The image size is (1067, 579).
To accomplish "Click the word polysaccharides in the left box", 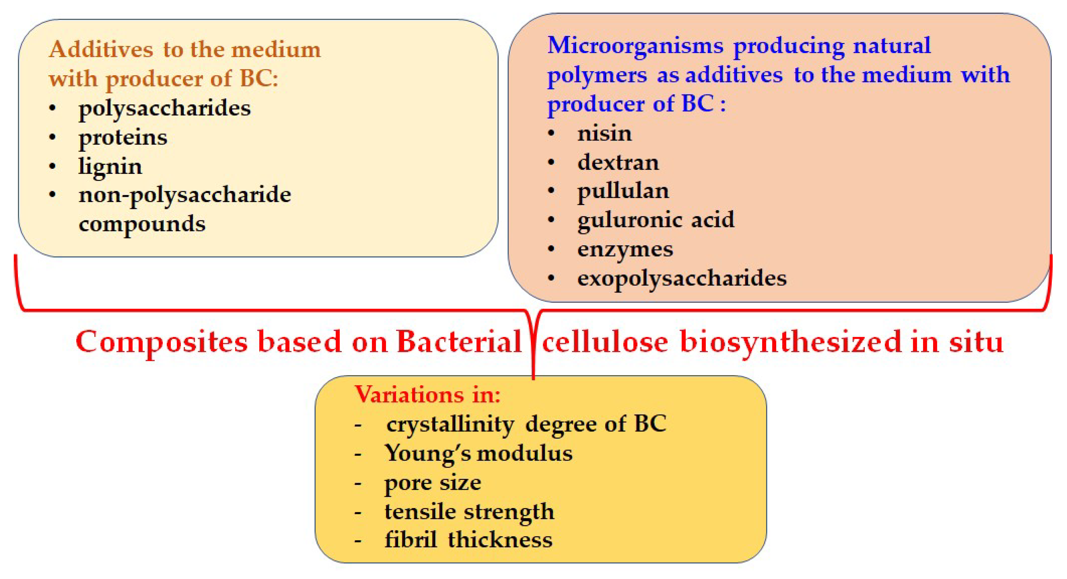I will point(164,109).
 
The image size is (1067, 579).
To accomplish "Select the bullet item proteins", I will point(123,138).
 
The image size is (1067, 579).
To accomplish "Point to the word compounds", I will point(142,225).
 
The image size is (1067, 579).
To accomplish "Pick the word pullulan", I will point(623,192).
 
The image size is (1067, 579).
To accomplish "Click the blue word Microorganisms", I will point(635,45).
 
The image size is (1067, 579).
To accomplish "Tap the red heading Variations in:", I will point(428,394).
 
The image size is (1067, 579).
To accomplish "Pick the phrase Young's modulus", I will point(478,453).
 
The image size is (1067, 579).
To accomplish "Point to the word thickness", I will point(500,540).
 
